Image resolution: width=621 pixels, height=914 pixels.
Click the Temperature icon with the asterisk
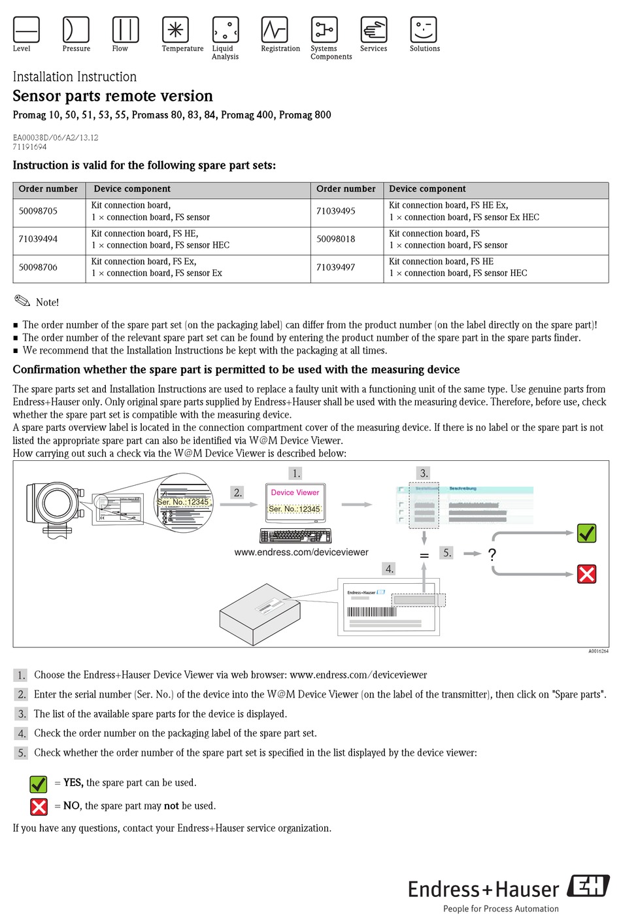coord(175,29)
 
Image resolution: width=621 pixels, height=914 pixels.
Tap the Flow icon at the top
coord(125,29)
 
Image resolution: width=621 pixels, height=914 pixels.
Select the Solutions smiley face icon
coord(423,29)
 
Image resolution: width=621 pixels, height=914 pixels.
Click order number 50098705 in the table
coord(38,211)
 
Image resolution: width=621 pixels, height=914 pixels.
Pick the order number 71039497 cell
coord(335,267)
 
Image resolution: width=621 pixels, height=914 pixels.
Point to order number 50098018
coord(335,239)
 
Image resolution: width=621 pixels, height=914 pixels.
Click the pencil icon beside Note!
coord(22,301)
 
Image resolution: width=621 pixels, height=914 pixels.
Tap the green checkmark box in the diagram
coord(586,533)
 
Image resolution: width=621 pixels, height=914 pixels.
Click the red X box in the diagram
coord(586,574)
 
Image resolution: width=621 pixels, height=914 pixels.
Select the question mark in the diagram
coord(492,554)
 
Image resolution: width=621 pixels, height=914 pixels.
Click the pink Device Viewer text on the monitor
coord(295,492)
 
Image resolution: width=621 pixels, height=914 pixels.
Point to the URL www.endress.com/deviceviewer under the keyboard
coord(301,552)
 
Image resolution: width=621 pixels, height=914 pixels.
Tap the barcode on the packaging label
coord(371,612)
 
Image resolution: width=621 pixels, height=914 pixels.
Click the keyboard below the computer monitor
coord(295,536)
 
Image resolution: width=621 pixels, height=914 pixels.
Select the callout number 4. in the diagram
coord(390,569)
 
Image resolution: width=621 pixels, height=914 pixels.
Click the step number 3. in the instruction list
coord(22,714)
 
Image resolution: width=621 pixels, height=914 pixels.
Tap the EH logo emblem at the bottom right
coord(588,886)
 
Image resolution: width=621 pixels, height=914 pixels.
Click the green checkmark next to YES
coord(39,783)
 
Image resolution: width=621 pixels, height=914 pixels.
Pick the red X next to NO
coord(39,806)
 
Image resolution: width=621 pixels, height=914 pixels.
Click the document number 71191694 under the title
coord(29,147)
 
